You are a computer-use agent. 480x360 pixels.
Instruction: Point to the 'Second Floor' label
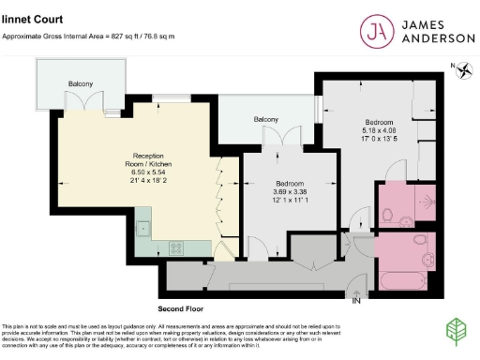pyautogui.click(x=181, y=307)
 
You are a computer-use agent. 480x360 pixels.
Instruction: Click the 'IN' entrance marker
pyautogui.click(x=355, y=301)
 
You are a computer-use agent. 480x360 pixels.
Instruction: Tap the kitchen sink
pyautogui.click(x=142, y=227)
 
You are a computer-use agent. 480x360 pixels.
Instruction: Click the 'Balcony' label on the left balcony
pyautogui.click(x=80, y=84)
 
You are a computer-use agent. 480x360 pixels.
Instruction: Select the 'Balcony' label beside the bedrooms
pyautogui.click(x=266, y=120)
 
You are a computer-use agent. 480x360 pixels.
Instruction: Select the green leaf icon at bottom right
pyautogui.click(x=457, y=333)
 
